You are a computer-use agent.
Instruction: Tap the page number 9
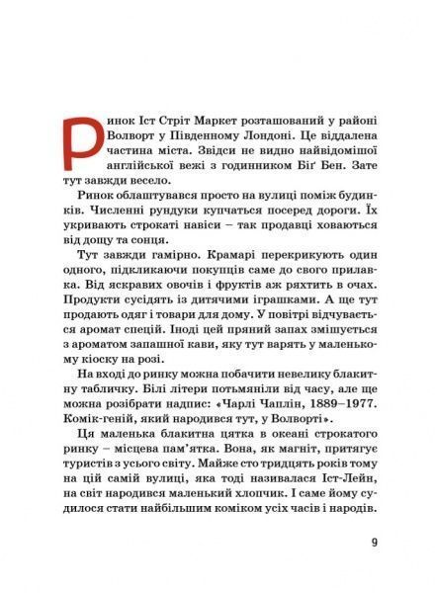click(373, 542)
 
